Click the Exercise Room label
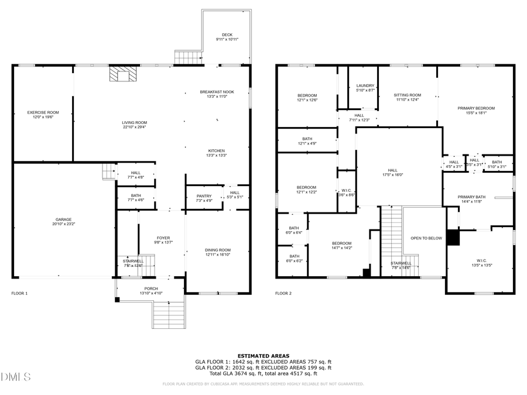click(43, 115)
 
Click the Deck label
click(227, 37)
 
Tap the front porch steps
click(169, 314)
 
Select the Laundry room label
click(365, 88)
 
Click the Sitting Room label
click(407, 97)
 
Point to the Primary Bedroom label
click(476, 111)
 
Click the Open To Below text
click(426, 238)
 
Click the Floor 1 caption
click(19, 293)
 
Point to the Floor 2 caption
click(283, 293)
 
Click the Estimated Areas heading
click(263, 356)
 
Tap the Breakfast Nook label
click(217, 94)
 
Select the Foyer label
click(162, 241)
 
